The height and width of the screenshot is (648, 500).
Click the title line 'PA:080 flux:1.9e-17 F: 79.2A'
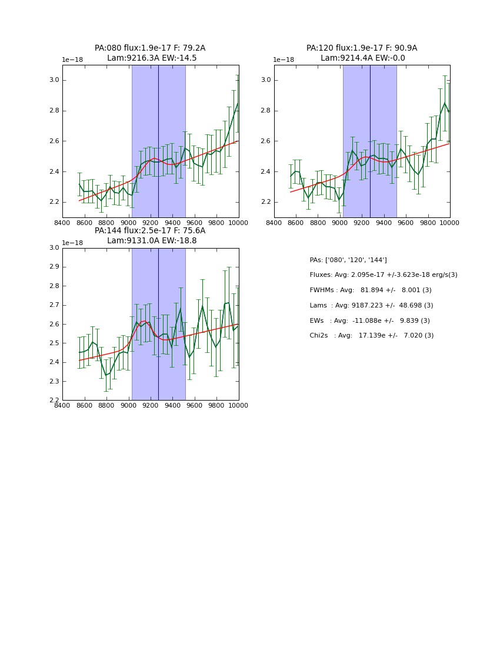click(150, 48)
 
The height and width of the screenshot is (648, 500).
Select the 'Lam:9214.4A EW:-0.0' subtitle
click(362, 58)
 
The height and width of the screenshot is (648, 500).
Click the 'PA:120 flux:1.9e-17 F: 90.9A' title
click(362, 48)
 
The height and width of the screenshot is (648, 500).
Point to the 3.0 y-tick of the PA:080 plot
click(54, 80)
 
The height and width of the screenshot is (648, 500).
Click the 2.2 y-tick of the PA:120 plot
click(265, 202)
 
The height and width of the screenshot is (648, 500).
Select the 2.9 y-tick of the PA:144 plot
click(54, 267)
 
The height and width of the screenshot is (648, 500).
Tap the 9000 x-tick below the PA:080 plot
click(129, 223)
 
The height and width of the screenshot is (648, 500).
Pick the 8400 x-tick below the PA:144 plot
click(62, 405)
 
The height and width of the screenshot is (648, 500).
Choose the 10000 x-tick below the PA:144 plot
click(238, 405)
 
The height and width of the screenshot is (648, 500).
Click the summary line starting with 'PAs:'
click(348, 260)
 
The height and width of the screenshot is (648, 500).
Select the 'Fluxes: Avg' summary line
click(384, 275)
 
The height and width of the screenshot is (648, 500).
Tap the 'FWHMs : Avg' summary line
click(371, 290)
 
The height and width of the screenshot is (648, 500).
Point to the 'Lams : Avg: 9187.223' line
click(371, 306)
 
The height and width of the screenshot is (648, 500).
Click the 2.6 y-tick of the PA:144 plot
click(54, 324)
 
